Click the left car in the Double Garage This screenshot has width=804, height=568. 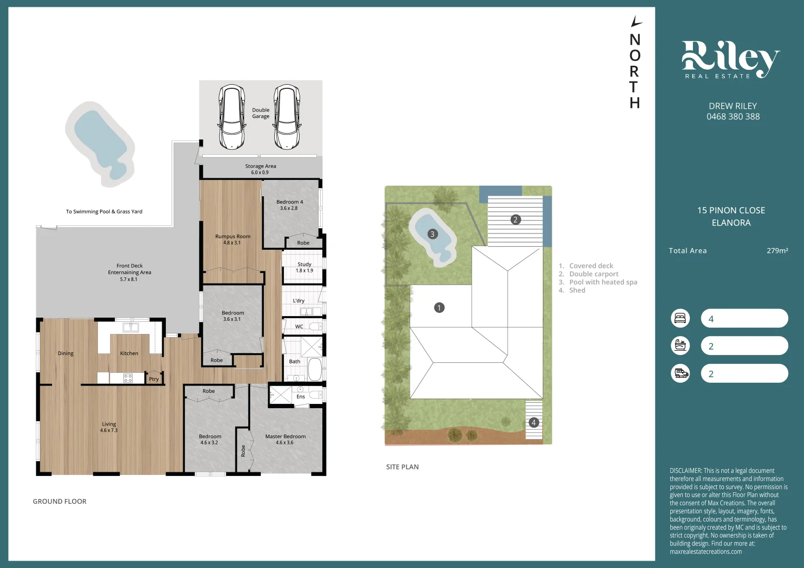click(232, 117)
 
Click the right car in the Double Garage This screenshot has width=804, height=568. click(287, 117)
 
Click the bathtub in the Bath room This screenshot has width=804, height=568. click(314, 369)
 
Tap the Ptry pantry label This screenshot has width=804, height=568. click(154, 379)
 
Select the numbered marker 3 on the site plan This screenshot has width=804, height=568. click(432, 234)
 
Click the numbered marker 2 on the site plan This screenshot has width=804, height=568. click(515, 219)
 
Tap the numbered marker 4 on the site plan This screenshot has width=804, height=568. click(533, 422)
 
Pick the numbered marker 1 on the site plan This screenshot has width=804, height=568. click(439, 308)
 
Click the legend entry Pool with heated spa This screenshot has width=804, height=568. click(603, 282)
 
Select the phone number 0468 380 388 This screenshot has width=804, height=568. click(733, 117)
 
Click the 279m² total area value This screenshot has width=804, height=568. click(777, 251)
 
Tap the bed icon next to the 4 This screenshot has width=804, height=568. click(680, 318)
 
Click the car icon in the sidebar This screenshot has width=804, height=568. click(680, 373)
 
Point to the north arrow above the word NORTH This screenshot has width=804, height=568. click(636, 22)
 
